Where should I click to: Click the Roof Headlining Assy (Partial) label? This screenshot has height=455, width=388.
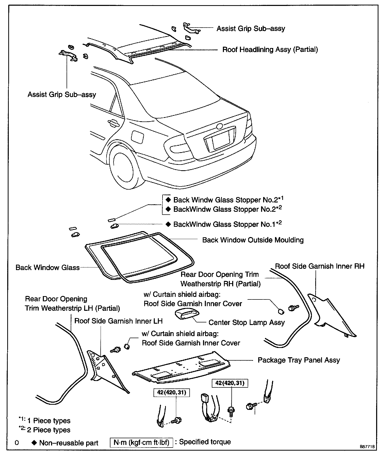point(270,50)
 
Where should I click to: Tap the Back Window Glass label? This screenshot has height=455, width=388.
point(47,267)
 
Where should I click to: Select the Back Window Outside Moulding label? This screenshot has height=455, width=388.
point(253,240)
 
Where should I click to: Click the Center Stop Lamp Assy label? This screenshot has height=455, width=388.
point(246,323)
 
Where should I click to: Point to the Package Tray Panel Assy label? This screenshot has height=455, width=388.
point(299,360)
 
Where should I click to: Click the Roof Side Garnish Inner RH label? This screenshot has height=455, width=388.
point(320,266)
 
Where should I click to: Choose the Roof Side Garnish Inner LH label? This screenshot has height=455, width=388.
point(118,321)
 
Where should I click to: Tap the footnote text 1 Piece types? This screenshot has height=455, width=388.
point(49,421)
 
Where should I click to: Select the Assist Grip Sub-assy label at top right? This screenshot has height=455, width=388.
point(250,29)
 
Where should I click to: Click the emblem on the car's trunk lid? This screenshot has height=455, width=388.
point(220,126)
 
